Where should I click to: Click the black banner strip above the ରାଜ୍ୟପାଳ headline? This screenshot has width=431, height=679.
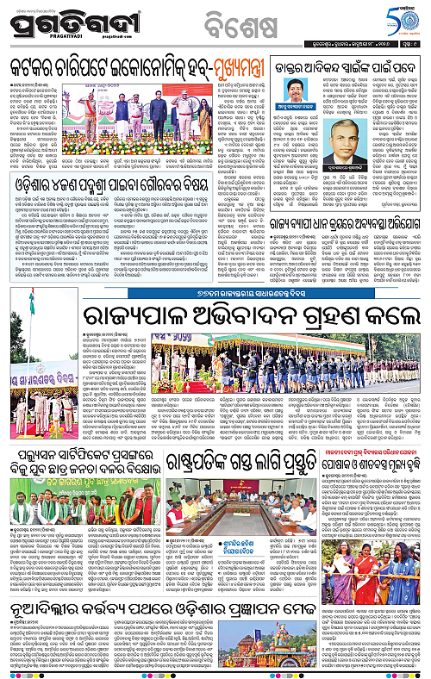click(215, 274)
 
